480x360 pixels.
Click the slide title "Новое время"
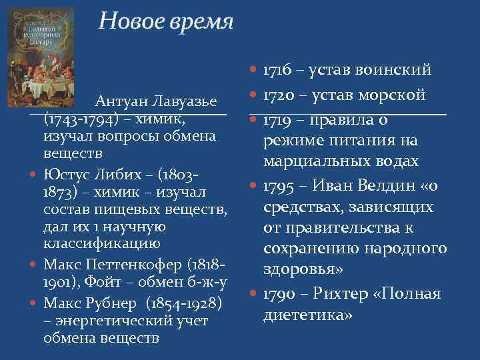165,22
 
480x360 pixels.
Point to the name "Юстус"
63,175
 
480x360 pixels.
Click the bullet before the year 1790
253,294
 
